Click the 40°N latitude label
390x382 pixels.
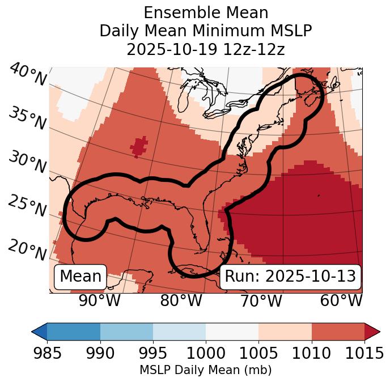coord(27,75)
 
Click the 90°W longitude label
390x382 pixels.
coord(100,301)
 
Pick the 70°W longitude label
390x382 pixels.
coord(261,301)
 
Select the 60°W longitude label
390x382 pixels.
coord(341,301)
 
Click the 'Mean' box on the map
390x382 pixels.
coord(80,277)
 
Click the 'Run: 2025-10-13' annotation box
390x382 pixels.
coord(290,277)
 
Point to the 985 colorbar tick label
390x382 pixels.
coord(48,354)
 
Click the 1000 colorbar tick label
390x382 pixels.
coord(206,354)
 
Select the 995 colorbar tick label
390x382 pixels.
coord(153,354)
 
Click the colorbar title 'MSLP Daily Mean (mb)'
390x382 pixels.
coord(206,370)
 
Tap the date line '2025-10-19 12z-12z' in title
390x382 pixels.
coord(206,49)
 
